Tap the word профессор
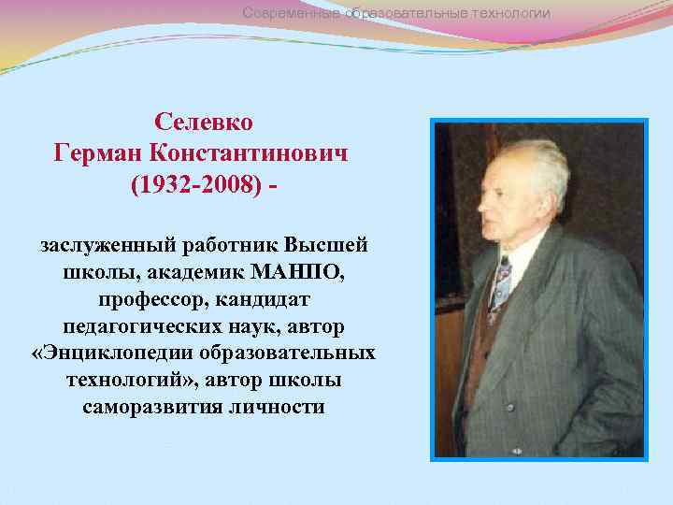(151, 299)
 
